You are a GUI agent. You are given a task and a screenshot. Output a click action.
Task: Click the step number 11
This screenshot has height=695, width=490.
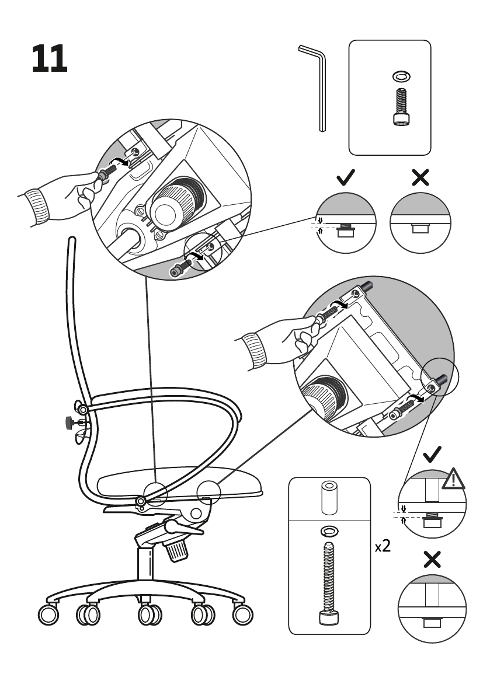coord(50,58)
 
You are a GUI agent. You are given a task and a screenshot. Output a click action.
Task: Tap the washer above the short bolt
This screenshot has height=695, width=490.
coord(400,76)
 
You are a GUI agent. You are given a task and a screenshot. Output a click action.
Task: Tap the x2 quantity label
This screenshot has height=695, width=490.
coord(383,547)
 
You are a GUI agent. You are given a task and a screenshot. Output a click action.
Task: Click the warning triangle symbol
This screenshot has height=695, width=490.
coord(453,479)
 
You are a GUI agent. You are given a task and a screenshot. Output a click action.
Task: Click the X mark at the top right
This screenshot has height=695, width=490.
coord(420,177)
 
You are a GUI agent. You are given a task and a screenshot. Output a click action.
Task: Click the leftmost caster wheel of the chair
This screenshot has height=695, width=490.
coord(48,614)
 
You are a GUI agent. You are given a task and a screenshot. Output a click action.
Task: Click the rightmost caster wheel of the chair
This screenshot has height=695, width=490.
coord(243,614)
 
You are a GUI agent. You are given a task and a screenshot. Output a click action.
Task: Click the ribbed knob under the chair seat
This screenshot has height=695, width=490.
coord(176,549)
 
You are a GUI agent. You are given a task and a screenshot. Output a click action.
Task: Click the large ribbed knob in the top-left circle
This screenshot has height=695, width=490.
coord(175,204)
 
